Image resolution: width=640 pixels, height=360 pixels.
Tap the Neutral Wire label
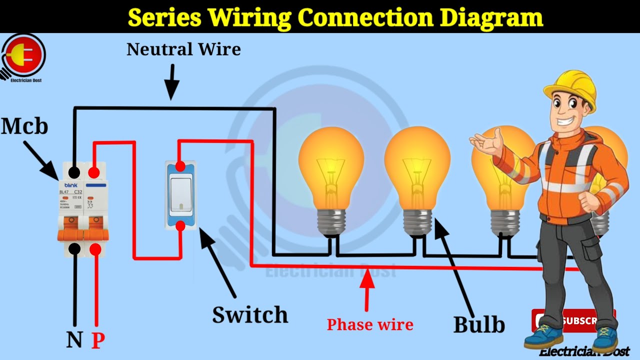[x=183, y=49]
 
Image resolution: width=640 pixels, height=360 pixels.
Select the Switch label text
[x=250, y=315]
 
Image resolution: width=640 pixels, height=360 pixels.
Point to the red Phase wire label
[x=370, y=324]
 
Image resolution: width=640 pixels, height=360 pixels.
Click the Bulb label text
[x=479, y=324]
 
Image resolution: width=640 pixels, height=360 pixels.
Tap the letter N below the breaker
[x=74, y=340]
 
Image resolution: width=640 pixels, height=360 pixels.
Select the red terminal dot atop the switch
[x=180, y=166]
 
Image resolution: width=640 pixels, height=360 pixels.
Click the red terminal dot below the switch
[x=180, y=226]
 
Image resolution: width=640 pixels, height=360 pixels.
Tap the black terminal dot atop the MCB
[x=74, y=173]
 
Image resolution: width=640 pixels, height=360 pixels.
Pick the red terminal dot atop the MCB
[x=93, y=173]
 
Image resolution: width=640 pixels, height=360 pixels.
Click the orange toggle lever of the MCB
[x=82, y=234]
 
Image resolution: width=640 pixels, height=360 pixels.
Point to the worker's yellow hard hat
[x=571, y=89]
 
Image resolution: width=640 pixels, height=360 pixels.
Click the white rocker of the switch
[x=180, y=196]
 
